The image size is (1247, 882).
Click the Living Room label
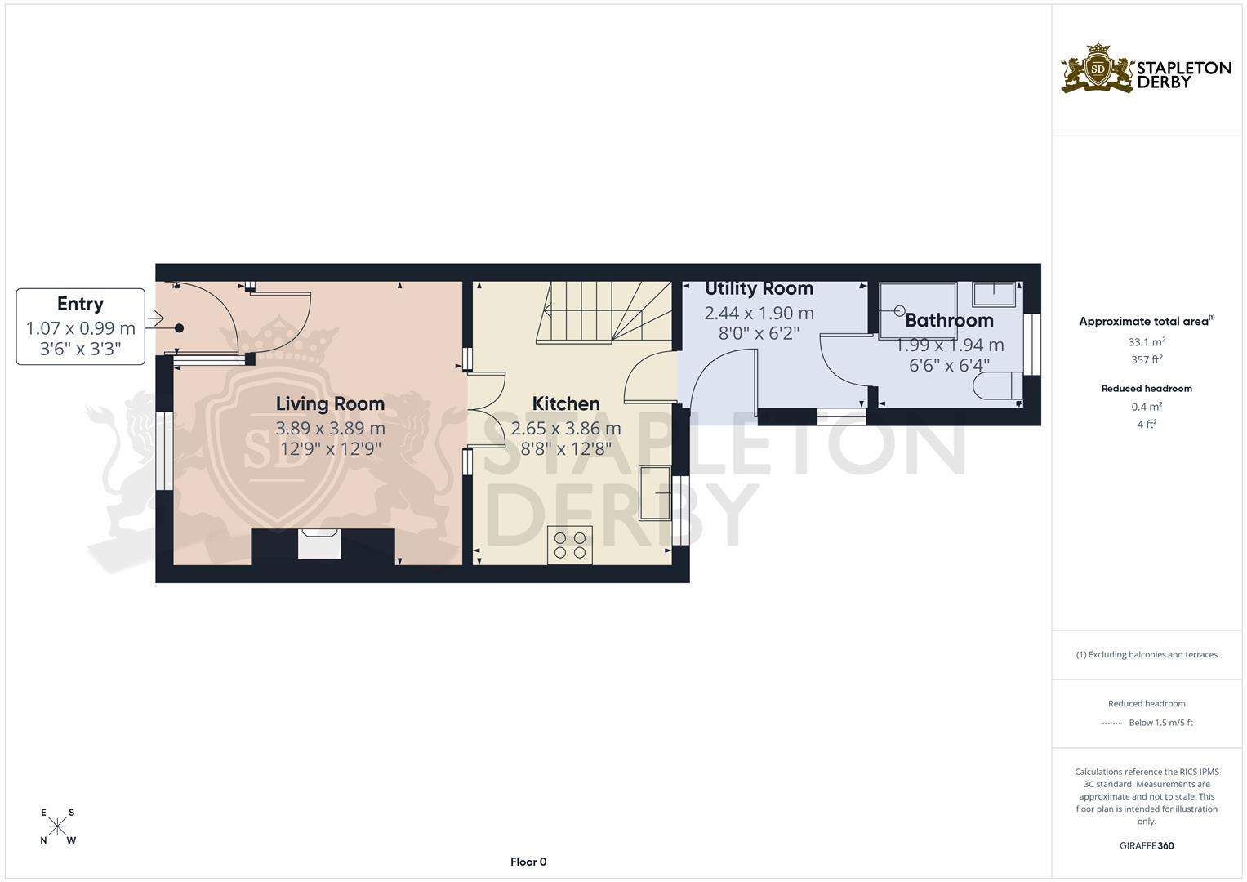(330, 403)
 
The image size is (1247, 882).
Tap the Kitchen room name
(566, 403)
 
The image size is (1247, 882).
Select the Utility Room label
(759, 288)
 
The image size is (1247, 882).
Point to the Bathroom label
(949, 320)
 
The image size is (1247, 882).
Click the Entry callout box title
(80, 304)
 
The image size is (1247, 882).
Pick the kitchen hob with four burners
(569, 545)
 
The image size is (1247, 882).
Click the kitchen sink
(655, 492)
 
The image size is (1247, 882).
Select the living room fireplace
(319, 544)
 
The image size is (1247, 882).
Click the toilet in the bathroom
(998, 385)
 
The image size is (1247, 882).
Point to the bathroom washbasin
(993, 293)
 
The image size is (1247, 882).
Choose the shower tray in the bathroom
(917, 309)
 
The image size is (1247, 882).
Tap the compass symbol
(57, 826)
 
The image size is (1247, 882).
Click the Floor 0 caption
(528, 862)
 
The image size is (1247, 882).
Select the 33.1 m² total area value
(1147, 342)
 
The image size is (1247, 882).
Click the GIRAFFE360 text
(1147, 845)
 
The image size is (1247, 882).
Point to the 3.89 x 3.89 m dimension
(330, 428)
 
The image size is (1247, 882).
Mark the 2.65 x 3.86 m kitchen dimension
(566, 428)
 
